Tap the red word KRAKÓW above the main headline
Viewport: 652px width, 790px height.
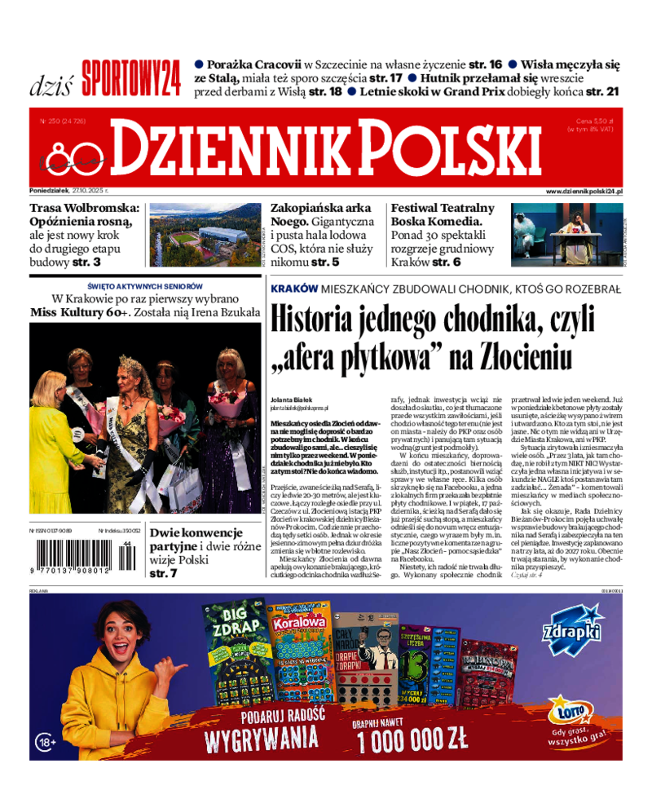click(293, 289)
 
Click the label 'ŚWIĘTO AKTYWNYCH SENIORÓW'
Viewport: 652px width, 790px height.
click(145, 287)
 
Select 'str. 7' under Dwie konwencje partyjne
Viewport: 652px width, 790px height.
click(163, 574)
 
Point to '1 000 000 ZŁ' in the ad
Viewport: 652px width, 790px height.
click(412, 739)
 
